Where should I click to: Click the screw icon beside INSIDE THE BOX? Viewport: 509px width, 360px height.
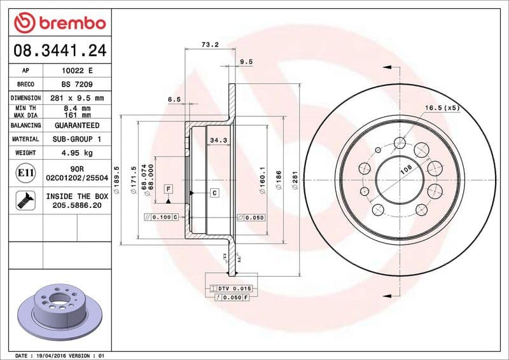click(x=22, y=201)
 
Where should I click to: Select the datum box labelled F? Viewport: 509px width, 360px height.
click(x=169, y=189)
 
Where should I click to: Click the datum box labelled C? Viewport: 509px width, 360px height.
click(x=214, y=193)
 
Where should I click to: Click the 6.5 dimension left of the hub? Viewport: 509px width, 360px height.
click(x=174, y=99)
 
